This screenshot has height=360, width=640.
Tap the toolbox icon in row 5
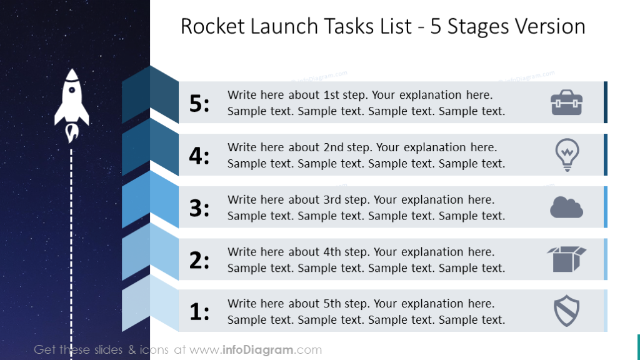click(x=566, y=102)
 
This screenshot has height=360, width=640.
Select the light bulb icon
click(x=567, y=154)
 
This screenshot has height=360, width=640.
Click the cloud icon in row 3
click(x=566, y=207)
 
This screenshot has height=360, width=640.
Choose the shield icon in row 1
click(x=567, y=311)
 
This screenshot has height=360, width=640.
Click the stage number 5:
click(x=199, y=104)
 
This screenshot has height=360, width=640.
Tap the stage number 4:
click(x=199, y=156)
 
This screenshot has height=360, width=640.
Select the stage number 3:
click(x=199, y=208)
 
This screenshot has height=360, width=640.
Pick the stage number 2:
click(x=199, y=260)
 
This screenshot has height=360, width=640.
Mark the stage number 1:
click(x=199, y=312)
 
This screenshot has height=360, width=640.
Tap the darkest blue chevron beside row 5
click(x=150, y=94)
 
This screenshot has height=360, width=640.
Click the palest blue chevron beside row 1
click(x=150, y=303)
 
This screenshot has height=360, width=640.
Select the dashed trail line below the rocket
click(x=71, y=250)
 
